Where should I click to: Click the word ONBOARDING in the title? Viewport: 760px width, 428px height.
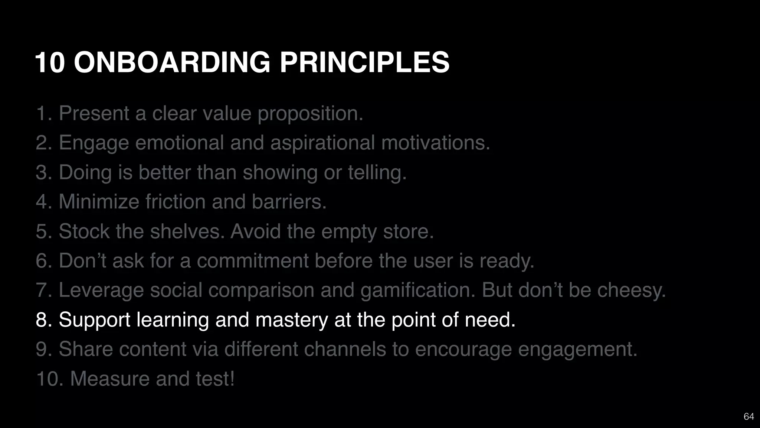(x=172, y=62)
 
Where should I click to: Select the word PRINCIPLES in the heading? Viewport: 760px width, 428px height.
(x=364, y=62)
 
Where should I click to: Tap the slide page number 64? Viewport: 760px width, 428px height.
(x=748, y=416)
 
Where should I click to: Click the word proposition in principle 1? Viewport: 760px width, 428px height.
(x=310, y=113)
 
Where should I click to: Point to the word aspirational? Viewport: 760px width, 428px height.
(x=322, y=143)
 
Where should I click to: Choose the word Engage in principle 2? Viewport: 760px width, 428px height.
(x=94, y=143)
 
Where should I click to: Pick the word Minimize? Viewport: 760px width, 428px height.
(x=99, y=202)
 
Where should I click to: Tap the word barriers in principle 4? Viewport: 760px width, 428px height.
(x=289, y=202)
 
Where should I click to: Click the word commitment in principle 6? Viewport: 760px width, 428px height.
(x=253, y=261)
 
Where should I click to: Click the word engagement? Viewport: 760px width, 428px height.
(x=577, y=349)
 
